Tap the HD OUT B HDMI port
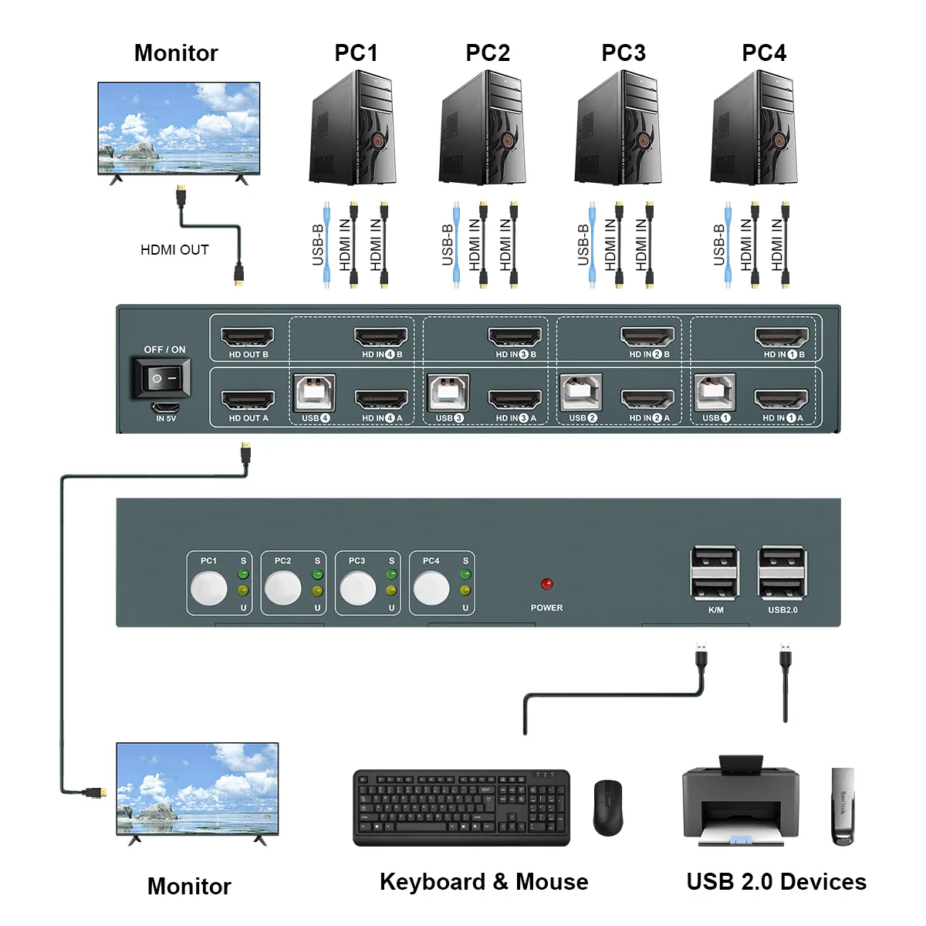tap(248, 337)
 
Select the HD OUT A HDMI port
tap(248, 400)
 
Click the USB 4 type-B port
tap(315, 394)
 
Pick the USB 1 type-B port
tap(715, 394)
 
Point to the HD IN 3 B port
tap(515, 337)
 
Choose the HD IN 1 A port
tap(781, 400)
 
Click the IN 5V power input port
tap(166, 407)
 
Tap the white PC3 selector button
tap(357, 590)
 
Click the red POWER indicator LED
tap(547, 584)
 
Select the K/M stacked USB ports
tap(715, 573)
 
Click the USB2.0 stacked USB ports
tap(782, 573)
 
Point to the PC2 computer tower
tap(483, 128)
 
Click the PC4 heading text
tap(763, 53)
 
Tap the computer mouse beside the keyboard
tap(607, 807)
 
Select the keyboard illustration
tap(461, 807)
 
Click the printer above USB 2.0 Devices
tap(740, 803)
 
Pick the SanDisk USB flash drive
tap(843, 806)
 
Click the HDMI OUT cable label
tap(174, 250)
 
